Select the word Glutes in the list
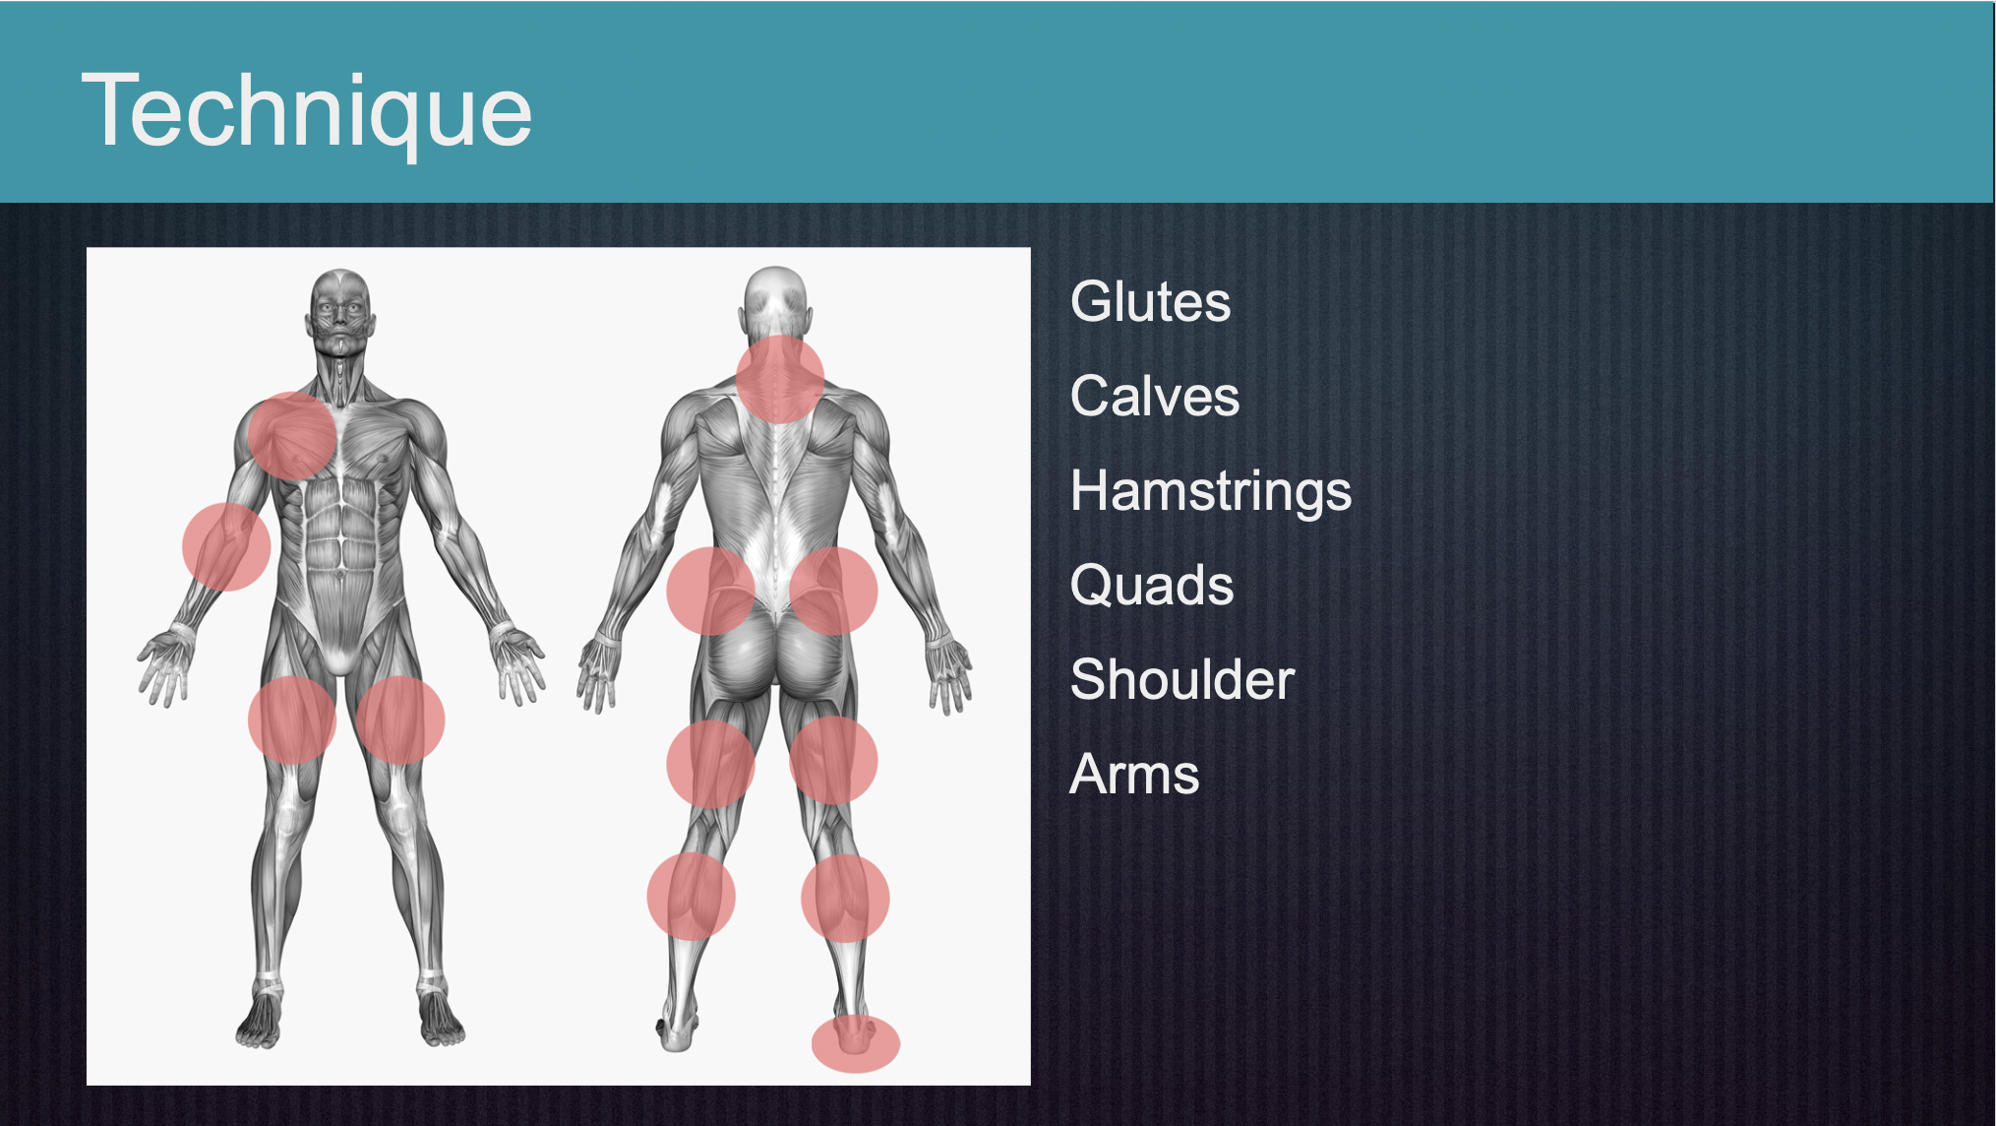pos(1150,301)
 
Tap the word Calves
pos(1155,396)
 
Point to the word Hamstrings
pos(1211,491)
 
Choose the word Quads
pos(1152,586)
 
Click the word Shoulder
pos(1182,679)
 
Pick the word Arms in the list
pos(1134,774)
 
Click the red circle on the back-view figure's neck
pos(780,379)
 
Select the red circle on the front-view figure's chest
pos(292,436)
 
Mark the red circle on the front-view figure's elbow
pos(226,547)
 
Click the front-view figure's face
pos(340,315)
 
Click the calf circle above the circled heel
pos(845,899)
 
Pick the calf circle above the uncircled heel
pos(691,897)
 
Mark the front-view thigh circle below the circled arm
pos(292,720)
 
